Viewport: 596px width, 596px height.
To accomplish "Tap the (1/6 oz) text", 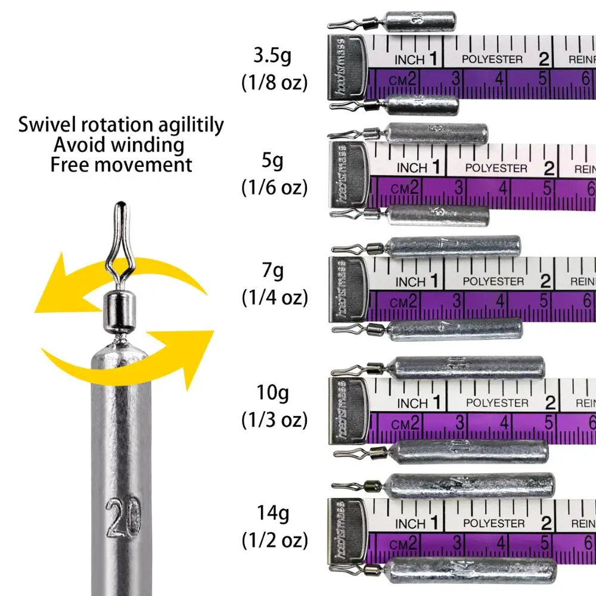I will (274, 188).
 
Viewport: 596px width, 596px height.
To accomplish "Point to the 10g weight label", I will (274, 393).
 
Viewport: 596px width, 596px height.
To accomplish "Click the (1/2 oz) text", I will (274, 541).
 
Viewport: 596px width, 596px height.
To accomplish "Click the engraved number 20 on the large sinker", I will (123, 513).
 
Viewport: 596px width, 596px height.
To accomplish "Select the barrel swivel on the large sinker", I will (120, 313).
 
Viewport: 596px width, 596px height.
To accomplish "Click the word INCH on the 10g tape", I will (411, 403).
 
